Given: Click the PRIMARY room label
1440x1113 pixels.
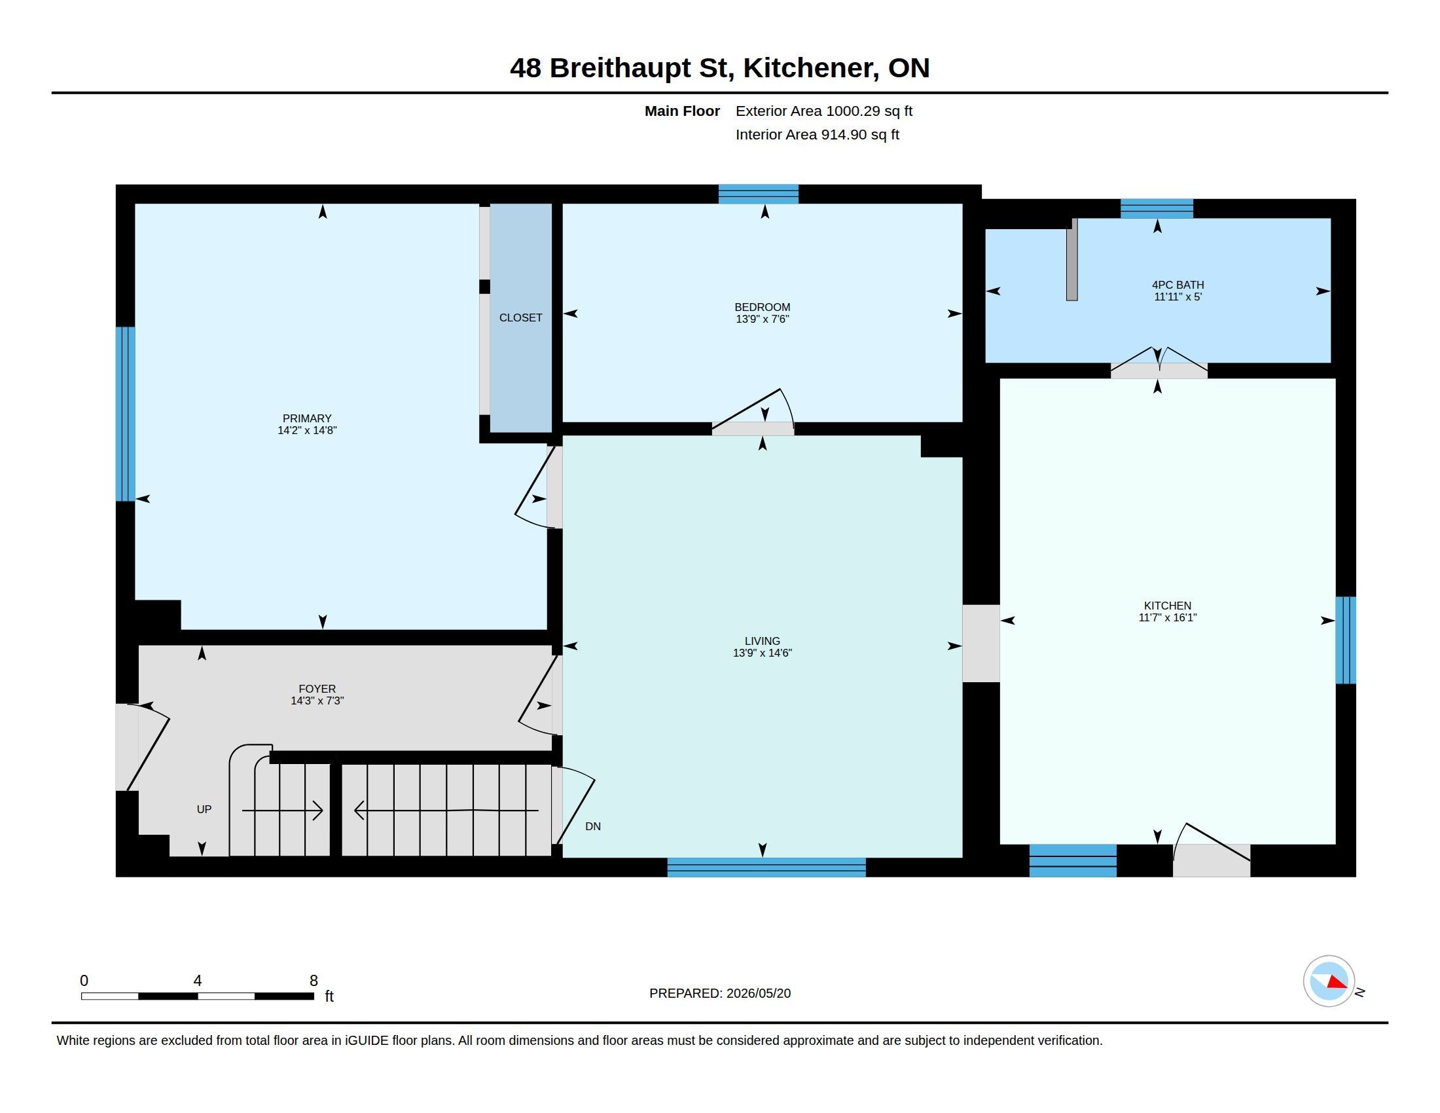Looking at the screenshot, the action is (306, 418).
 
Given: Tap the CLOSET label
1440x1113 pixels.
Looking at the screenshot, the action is (520, 318).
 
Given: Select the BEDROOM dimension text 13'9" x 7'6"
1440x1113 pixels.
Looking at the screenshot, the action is (762, 319).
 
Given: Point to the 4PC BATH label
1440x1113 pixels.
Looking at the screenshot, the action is (1178, 285).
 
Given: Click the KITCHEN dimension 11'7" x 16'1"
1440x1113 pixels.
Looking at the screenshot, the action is (1167, 618).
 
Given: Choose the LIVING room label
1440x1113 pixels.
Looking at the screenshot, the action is (762, 641).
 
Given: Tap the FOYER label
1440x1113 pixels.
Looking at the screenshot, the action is (317, 689).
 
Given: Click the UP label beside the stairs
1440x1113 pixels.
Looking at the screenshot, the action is (204, 809).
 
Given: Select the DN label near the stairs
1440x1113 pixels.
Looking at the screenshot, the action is (593, 826).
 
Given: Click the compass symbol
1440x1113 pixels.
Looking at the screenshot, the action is (1329, 981).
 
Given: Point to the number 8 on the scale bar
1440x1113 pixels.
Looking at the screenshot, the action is (314, 981).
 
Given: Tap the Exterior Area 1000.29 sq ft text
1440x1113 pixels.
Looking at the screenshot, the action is (823, 111).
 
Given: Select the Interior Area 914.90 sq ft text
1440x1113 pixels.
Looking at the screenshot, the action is (817, 134).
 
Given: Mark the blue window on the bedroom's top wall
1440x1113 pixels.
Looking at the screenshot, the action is (758, 194).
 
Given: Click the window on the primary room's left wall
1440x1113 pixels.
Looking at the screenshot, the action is (125, 414).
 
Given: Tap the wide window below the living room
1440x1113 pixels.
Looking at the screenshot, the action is (766, 867).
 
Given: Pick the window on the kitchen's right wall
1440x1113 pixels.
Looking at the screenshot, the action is (1346, 640).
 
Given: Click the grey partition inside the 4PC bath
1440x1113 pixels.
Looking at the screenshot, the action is (1072, 260).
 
